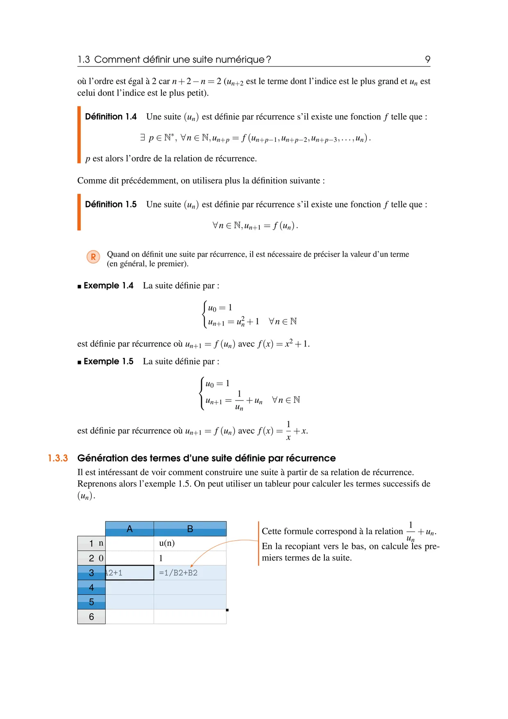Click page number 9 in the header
427,59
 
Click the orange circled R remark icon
93,257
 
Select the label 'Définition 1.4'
111,117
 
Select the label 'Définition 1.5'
111,205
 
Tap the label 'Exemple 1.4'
108,286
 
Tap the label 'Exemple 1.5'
108,362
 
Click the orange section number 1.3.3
58,458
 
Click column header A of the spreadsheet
129,529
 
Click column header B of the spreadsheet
190,529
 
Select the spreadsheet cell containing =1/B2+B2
190,573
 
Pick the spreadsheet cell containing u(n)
190,543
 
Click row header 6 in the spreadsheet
91,617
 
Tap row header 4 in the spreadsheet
91,587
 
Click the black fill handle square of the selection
227,610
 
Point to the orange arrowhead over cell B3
192,566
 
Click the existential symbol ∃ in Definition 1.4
143,138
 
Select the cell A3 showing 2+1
129,573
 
